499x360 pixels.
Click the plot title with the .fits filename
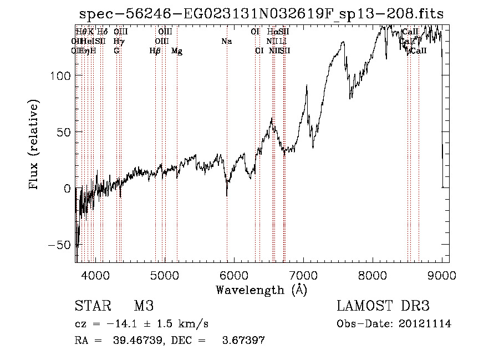point(261,13)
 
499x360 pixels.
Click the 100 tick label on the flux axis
point(62,75)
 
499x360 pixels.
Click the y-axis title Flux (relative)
point(34,145)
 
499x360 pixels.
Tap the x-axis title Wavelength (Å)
point(261,289)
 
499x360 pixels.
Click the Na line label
point(226,41)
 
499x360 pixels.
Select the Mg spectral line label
point(177,51)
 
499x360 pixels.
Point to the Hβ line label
point(155,51)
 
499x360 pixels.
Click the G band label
point(116,51)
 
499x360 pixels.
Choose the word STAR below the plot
point(91,306)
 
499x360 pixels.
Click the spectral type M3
point(144,306)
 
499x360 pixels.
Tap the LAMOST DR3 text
point(383,306)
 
